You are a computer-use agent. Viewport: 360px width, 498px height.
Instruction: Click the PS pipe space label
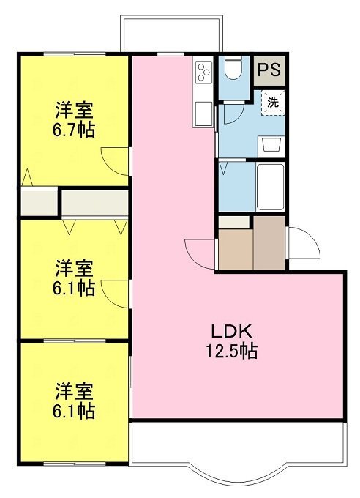[x=269, y=70]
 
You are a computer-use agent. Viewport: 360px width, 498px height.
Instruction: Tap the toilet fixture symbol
[x=233, y=67]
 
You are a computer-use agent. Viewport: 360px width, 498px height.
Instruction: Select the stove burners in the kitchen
[x=203, y=72]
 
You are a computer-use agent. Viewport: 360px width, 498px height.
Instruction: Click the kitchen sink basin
[x=203, y=114]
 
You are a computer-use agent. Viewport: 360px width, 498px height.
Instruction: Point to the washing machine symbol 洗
[x=273, y=103]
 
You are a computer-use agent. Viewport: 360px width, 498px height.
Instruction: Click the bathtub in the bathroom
[x=270, y=187]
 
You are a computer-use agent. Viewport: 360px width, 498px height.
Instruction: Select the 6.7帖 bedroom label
[x=74, y=119]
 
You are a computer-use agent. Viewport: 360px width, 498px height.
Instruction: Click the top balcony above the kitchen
[x=171, y=34]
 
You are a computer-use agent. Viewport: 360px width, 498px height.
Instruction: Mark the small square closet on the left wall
[x=39, y=202]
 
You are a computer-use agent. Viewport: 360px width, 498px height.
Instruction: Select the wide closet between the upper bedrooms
[x=94, y=204]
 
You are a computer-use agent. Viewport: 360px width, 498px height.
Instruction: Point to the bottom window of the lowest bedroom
[x=75, y=464]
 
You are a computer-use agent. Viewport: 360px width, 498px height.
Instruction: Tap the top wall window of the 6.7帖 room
[x=75, y=54]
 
